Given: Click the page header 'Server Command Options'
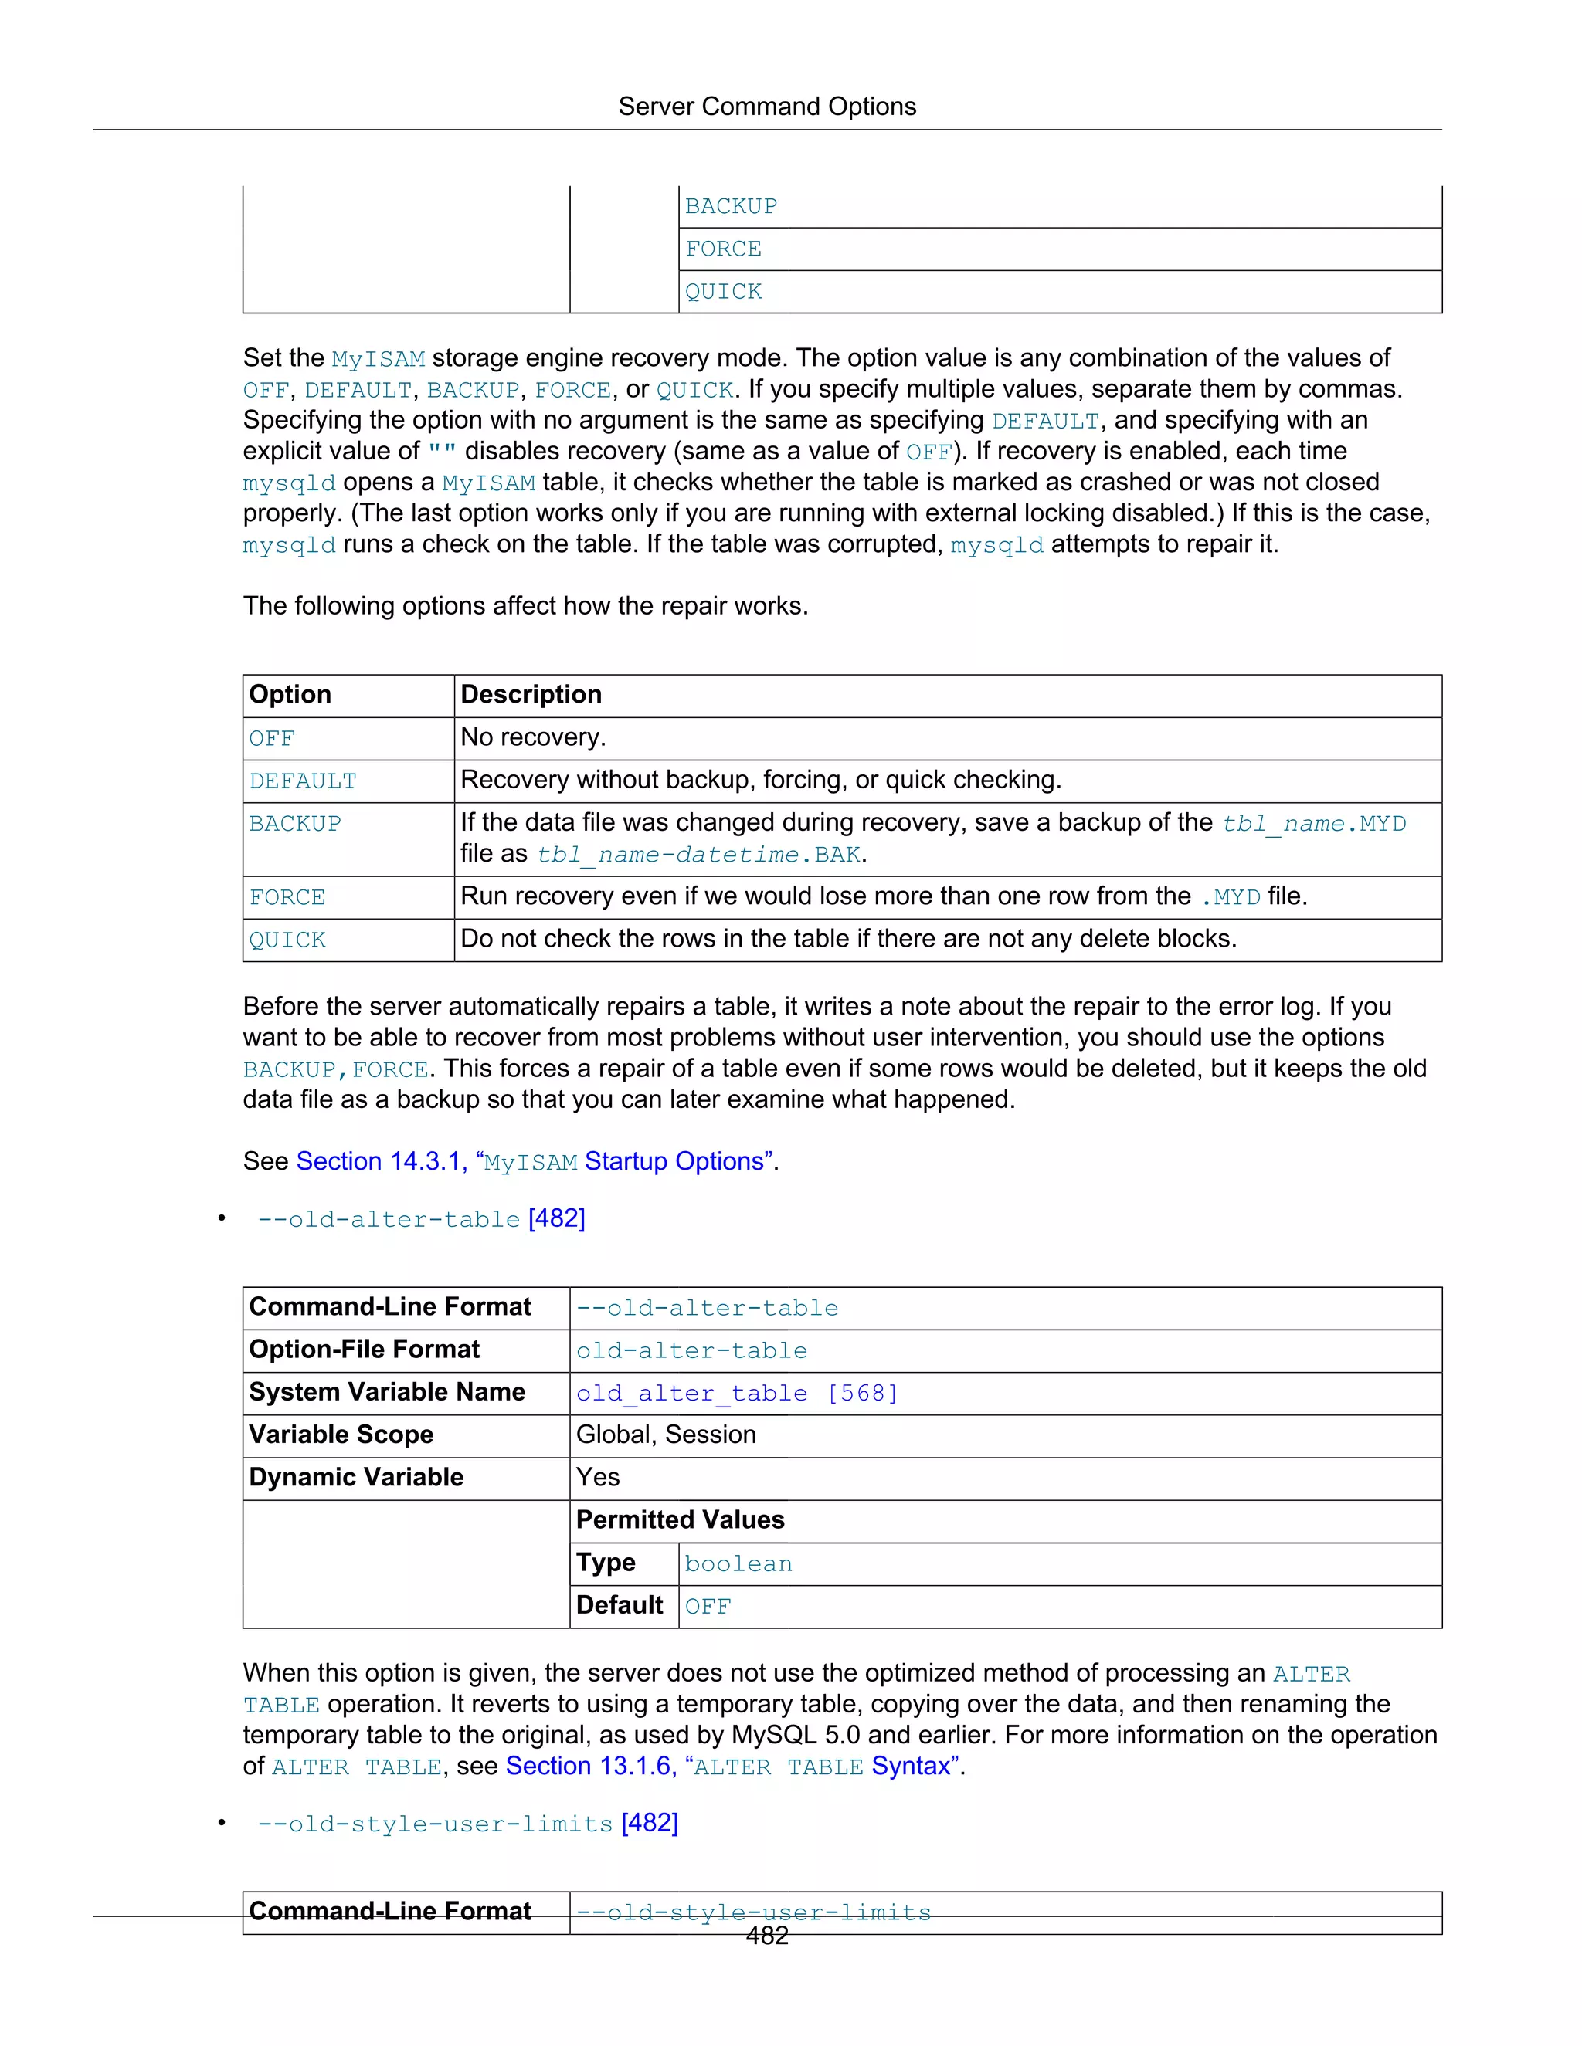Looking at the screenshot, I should (x=766, y=107).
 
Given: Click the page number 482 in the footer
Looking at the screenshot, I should (x=766, y=1936).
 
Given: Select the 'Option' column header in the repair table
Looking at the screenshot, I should (x=290, y=694).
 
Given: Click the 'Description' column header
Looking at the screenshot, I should (x=531, y=694).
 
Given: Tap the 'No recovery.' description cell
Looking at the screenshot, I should (x=533, y=737).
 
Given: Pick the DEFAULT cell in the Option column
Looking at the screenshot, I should (x=303, y=781).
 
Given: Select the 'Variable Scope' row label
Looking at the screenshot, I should (x=341, y=1435).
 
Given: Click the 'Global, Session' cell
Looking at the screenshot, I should (x=665, y=1435).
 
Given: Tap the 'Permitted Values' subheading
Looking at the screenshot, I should (x=680, y=1519).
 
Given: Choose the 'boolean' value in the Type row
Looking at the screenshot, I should (x=738, y=1563).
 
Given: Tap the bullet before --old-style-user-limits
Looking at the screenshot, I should (x=222, y=1823).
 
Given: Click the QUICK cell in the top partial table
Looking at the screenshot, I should (x=724, y=293).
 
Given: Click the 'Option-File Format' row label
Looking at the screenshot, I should (x=364, y=1350).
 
